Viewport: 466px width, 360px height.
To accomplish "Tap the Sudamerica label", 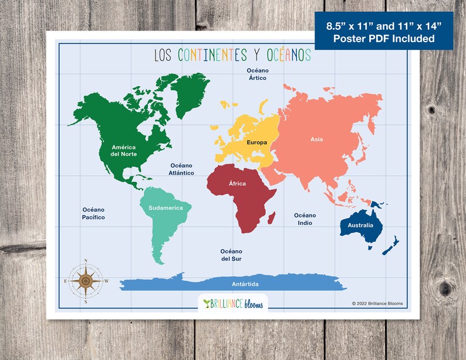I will (166, 208).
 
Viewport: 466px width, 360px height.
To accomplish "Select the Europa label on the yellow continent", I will (256, 142).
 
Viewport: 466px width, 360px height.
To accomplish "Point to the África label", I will (237, 184).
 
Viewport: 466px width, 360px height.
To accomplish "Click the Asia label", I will (317, 139).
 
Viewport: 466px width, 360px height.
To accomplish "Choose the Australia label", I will (360, 225).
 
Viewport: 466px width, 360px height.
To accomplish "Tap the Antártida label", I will (244, 284).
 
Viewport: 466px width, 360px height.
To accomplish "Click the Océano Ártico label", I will (258, 74).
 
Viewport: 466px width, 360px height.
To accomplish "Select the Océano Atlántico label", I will (182, 169).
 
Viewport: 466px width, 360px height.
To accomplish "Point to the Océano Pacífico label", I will (93, 213).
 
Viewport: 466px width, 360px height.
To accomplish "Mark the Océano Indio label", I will (305, 219).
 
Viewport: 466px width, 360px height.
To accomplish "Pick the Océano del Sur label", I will (231, 254).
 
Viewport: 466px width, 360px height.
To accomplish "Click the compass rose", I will (86, 280).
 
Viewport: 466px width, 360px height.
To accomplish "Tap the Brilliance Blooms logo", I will (233, 303).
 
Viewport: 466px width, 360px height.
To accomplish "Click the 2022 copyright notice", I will (377, 303).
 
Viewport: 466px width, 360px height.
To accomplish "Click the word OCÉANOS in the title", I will (288, 55).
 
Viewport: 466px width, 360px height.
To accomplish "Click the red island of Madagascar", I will (272, 219).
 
